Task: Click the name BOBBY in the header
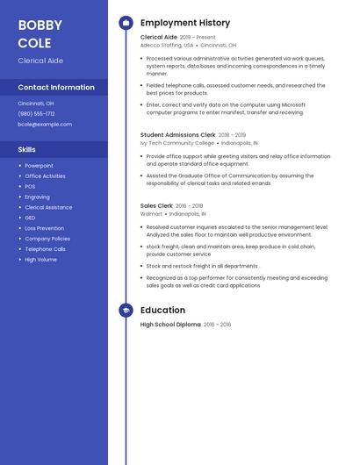click(x=40, y=25)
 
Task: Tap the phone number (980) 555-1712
click(x=36, y=113)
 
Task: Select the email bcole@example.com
click(x=45, y=125)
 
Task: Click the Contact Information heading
click(x=56, y=87)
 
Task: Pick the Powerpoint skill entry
click(x=39, y=166)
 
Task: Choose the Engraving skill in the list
click(x=37, y=197)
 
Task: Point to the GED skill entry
click(x=30, y=218)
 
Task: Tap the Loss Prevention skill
click(x=44, y=228)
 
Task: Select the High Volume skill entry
click(x=40, y=260)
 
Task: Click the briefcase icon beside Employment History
click(x=126, y=23)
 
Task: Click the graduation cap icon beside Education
click(x=126, y=310)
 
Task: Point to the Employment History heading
click(x=185, y=23)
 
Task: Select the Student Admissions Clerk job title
click(x=178, y=135)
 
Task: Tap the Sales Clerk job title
click(x=157, y=205)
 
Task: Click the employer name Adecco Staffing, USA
click(x=167, y=45)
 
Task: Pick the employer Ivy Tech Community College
click(x=177, y=142)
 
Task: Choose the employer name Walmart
click(x=151, y=213)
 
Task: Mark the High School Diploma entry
click(x=170, y=325)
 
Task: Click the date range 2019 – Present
click(x=198, y=38)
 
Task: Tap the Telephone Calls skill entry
click(x=45, y=249)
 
